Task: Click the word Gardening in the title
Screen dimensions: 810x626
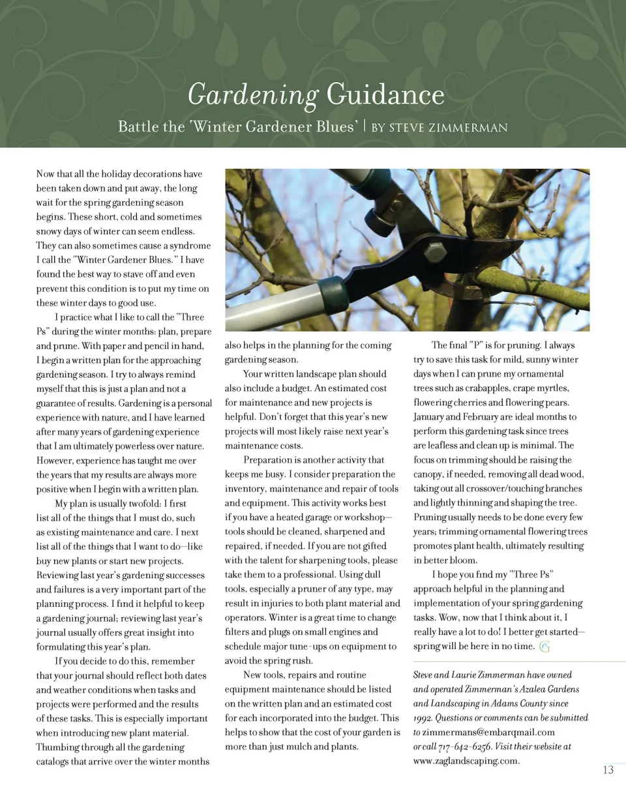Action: pos(252,95)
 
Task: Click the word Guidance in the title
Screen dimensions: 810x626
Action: pos(385,95)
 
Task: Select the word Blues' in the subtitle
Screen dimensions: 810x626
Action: pos(337,126)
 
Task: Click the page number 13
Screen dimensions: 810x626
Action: pos(608,770)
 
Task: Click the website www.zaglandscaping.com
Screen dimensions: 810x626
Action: pos(466,760)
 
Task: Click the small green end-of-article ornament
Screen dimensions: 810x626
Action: pos(544,646)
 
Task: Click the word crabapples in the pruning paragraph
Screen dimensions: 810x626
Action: pos(485,388)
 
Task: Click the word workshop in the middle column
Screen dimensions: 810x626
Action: pos(368,517)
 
